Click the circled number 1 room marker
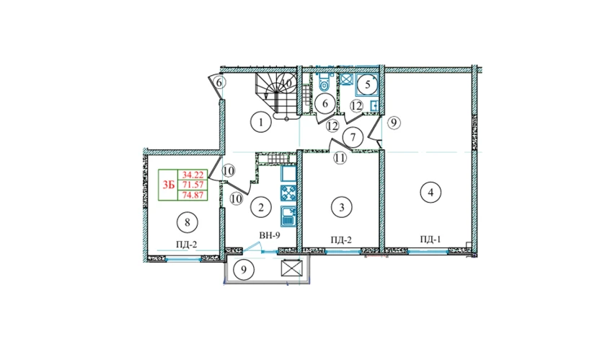260,123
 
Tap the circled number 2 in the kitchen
261,207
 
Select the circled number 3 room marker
341,207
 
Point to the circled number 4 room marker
431,193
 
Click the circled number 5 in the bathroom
367,84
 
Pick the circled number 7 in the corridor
353,138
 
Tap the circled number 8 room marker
188,222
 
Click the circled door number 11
340,158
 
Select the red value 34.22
193,175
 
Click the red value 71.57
193,185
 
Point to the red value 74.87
193,195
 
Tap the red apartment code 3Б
169,185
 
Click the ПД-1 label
431,240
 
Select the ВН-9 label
270,235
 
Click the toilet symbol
324,82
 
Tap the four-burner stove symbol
288,193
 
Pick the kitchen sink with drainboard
288,216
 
